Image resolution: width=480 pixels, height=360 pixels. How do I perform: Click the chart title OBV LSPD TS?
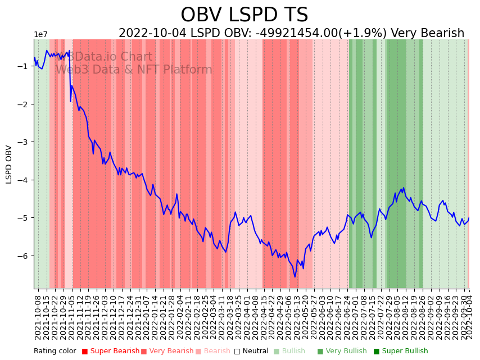pyautogui.click(x=244, y=15)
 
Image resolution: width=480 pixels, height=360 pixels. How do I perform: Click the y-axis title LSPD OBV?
pyautogui.click(x=9, y=164)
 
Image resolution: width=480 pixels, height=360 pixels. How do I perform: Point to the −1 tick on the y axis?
pyautogui.click(x=25, y=66)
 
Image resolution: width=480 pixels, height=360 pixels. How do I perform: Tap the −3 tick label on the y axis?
pyautogui.click(x=25, y=142)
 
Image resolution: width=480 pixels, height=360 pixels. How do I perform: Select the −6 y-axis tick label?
pyautogui.click(x=25, y=256)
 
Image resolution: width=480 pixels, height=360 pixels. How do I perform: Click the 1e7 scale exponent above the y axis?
pyautogui.click(x=41, y=35)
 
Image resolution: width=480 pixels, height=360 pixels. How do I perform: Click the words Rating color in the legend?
pyautogui.click(x=55, y=352)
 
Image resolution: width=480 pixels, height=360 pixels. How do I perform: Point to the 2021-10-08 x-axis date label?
pyautogui.click(x=38, y=317)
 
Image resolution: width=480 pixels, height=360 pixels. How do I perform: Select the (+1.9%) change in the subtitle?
pyautogui.click(x=364, y=34)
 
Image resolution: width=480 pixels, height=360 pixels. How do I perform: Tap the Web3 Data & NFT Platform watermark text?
pyautogui.click(x=134, y=70)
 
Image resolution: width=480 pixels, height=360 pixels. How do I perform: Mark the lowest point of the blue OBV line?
pyautogui.click(x=295, y=277)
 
